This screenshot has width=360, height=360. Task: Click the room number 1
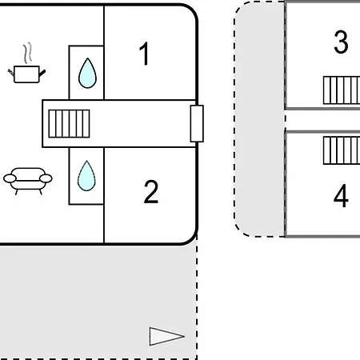point(144,54)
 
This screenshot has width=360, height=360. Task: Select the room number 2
point(151,192)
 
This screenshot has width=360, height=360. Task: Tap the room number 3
point(341,42)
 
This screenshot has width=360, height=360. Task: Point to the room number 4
point(341,196)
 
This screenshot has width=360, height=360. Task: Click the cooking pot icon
point(26,74)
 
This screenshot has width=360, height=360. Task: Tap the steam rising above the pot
point(27,53)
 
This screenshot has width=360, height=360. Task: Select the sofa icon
point(28,181)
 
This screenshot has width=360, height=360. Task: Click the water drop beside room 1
point(87,73)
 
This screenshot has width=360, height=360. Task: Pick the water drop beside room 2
point(86,175)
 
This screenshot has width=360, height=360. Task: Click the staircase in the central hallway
point(69,123)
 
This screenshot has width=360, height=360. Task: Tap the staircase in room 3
point(342,90)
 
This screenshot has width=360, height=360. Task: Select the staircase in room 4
point(342,150)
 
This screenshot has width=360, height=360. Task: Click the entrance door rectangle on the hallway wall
point(197,123)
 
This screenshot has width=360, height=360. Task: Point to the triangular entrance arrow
point(166,336)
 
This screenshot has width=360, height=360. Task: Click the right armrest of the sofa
point(46,178)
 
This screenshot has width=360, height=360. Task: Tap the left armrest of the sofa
point(10,178)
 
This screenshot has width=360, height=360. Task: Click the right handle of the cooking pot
point(42,73)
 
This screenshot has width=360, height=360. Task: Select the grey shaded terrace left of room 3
point(260,118)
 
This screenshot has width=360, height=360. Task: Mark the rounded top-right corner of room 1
point(193,10)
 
